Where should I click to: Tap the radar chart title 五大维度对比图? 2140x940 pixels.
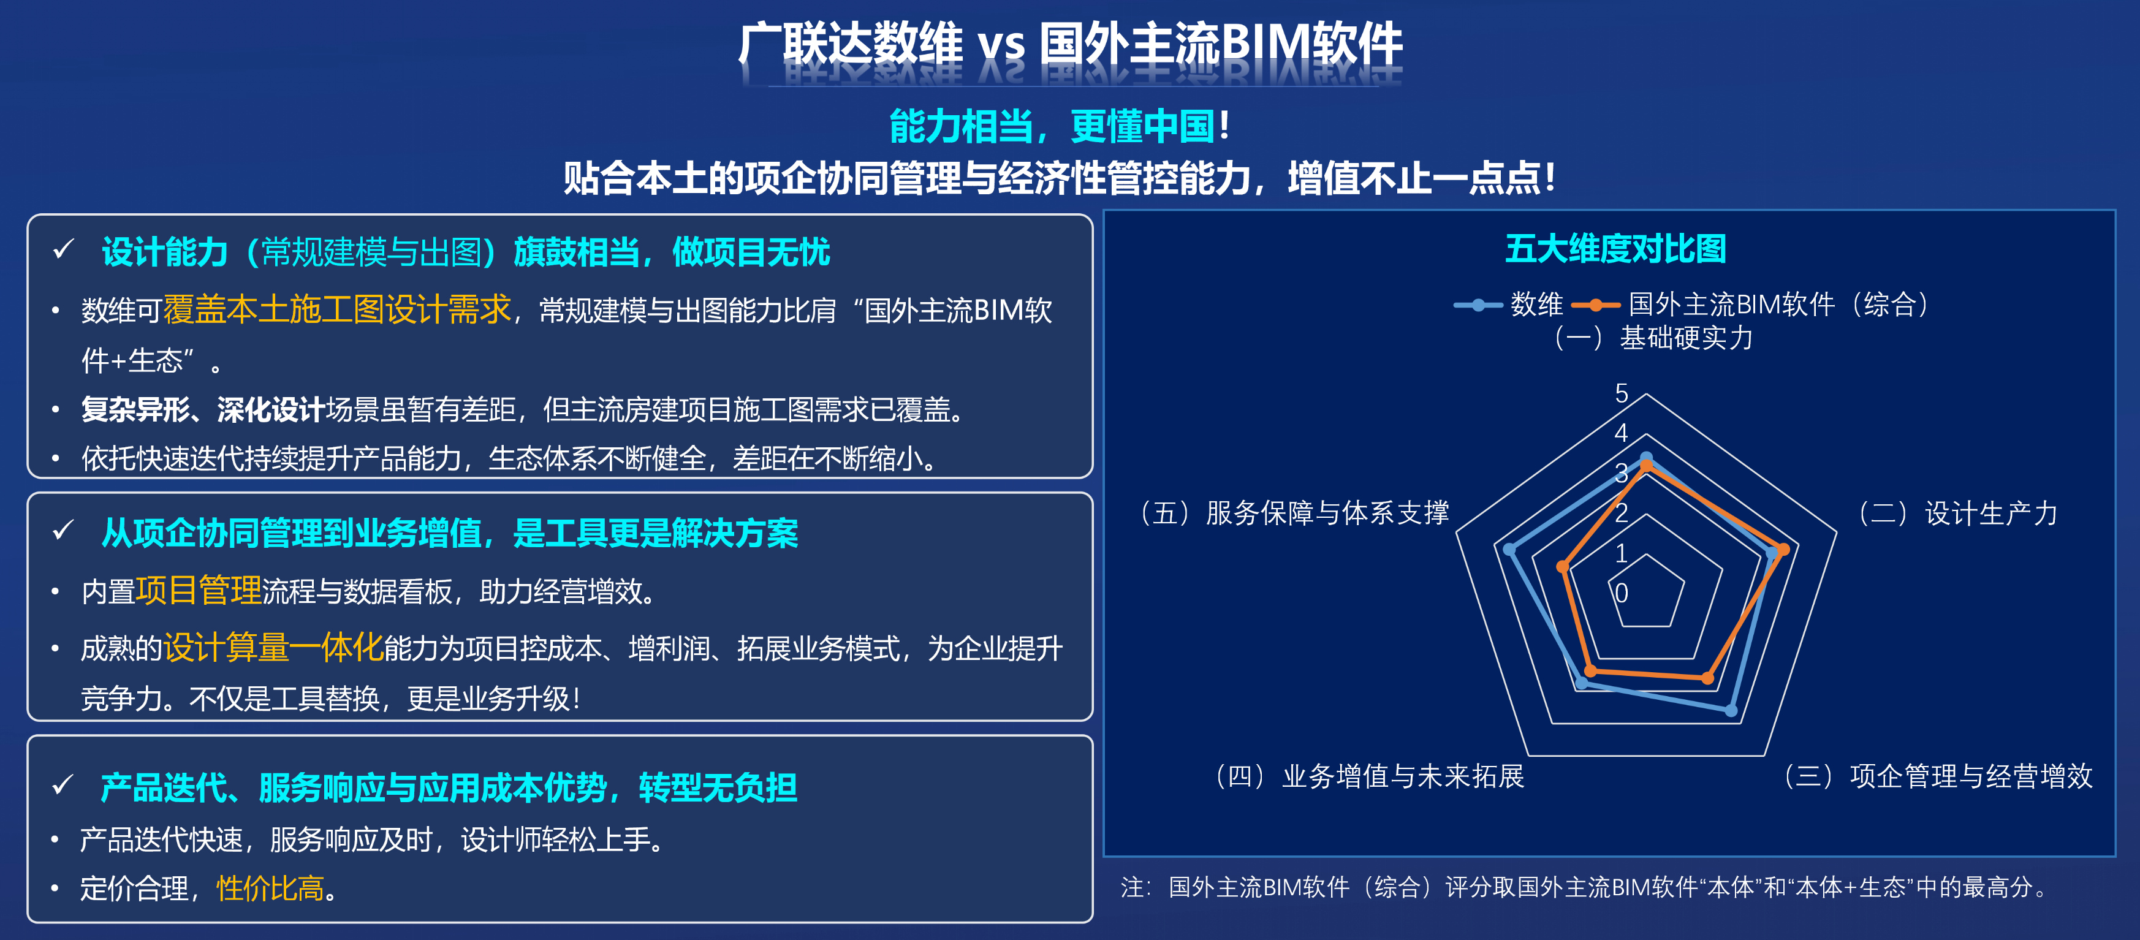pos(1616,249)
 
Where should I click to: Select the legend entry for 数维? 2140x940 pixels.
pos(1508,305)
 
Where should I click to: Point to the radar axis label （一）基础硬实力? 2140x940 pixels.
pos(1653,338)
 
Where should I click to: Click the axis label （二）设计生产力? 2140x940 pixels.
pos(1957,513)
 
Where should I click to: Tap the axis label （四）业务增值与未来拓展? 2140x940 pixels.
pos(1370,776)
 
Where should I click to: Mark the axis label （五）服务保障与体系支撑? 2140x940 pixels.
pos(1294,513)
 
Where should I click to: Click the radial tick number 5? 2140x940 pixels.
pos(1621,393)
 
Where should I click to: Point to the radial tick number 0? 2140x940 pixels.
pos(1621,593)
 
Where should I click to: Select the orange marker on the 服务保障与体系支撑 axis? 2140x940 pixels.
pos(1563,568)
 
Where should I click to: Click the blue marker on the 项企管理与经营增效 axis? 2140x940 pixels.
pos(1731,710)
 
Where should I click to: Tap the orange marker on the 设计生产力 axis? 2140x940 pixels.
pos(1783,550)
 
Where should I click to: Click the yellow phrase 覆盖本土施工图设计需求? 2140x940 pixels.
pos(337,309)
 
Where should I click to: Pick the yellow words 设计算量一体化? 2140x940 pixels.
pos(273,648)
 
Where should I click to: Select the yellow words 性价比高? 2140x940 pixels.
pos(270,889)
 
